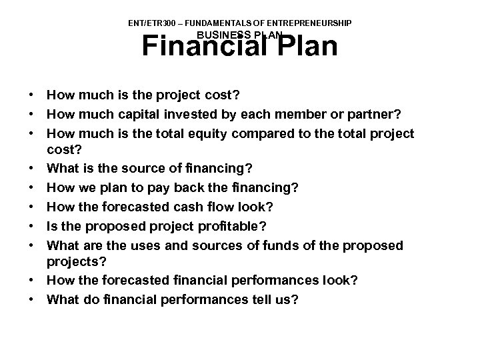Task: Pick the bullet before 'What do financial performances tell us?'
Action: [31, 300]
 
